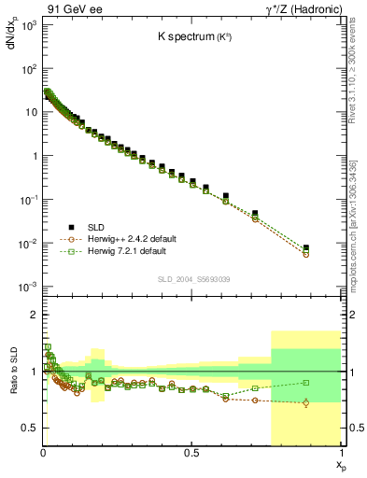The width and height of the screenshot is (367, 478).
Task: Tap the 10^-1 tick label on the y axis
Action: pyautogui.click(x=28, y=200)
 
